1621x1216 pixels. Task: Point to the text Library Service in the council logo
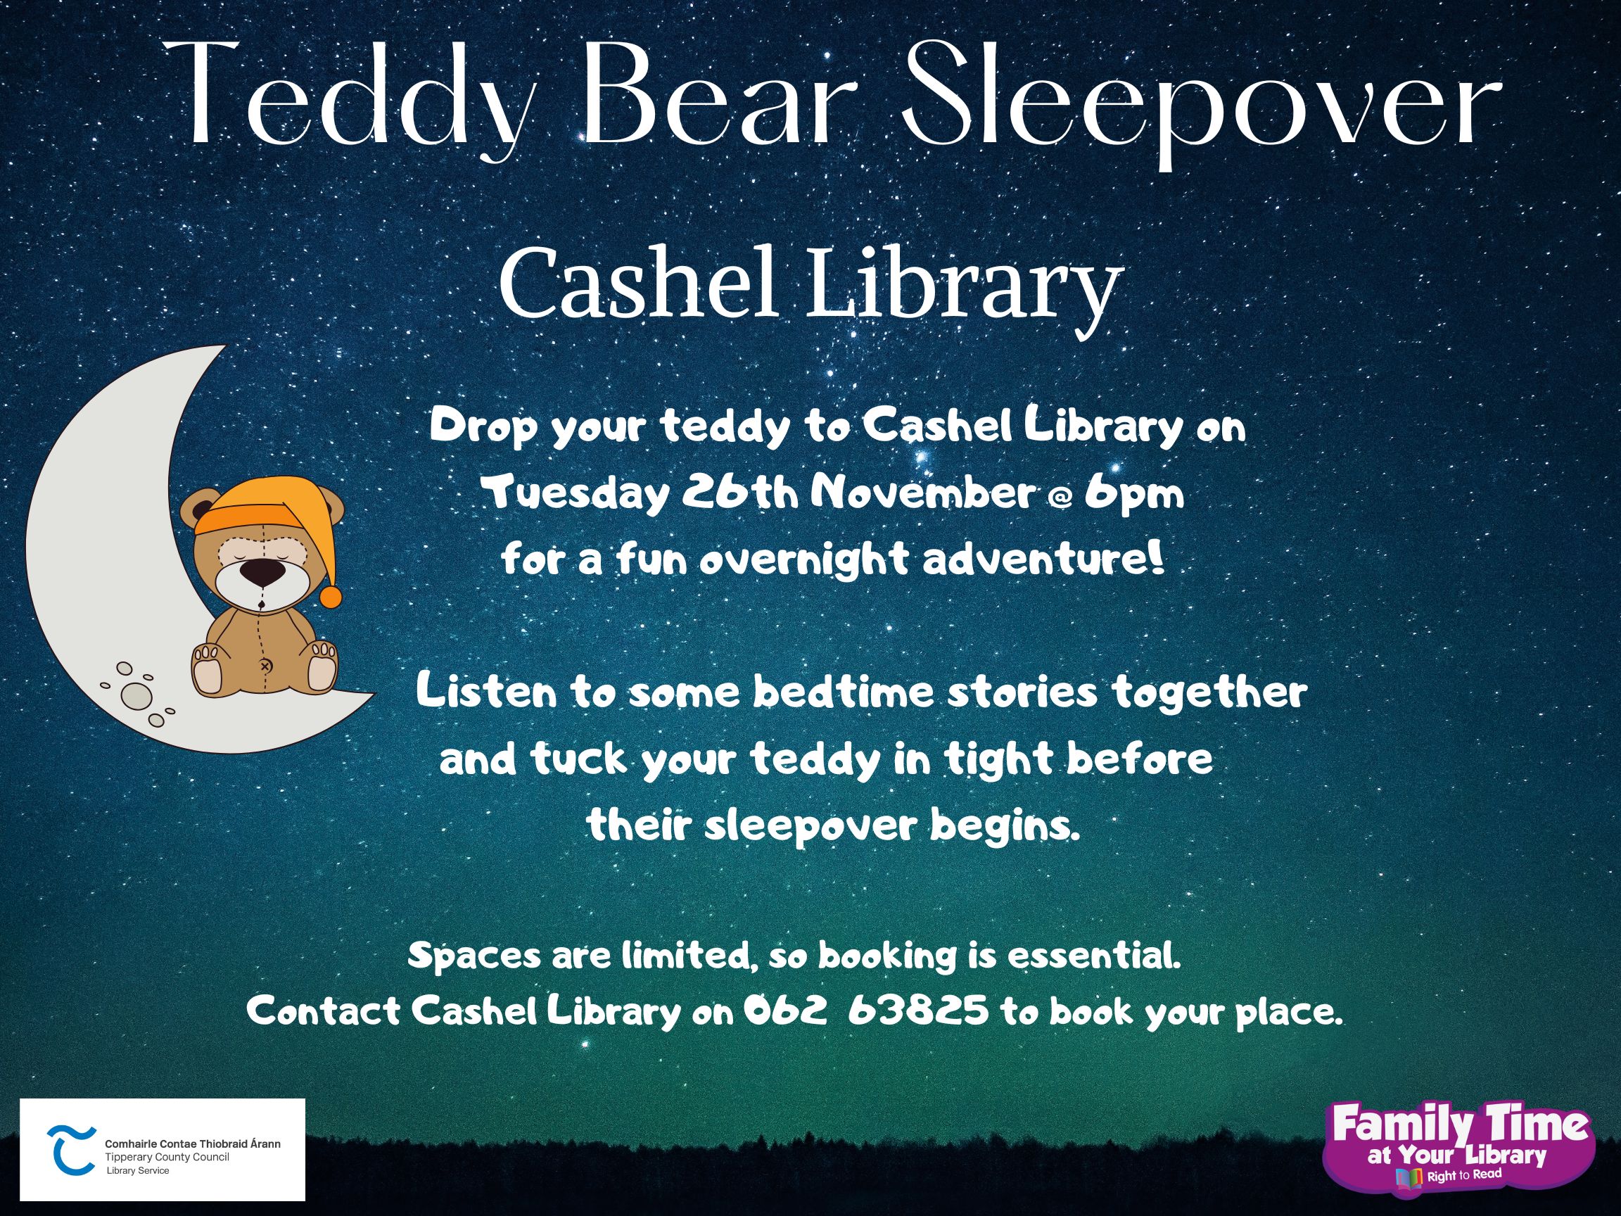pos(137,1170)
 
